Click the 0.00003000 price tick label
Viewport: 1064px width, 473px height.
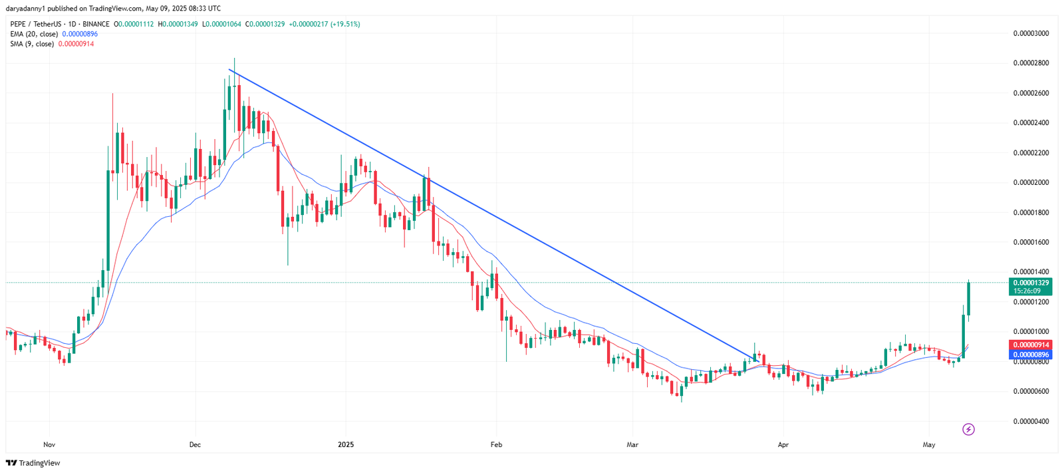1031,33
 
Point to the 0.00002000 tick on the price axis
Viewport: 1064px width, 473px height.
1031,182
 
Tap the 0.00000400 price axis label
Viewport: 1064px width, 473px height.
1031,421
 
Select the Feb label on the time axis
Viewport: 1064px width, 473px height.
495,444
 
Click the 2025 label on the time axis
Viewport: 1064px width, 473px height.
346,444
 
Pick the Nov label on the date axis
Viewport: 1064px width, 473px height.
49,444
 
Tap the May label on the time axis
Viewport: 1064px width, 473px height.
929,444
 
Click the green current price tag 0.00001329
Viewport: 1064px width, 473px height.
1030,283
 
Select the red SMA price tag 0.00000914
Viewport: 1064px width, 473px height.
1030,345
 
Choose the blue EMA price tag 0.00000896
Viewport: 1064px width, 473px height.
1030,355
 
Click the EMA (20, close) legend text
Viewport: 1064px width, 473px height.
34,34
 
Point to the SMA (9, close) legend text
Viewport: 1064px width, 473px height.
32,44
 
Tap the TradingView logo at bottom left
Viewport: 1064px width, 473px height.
33,463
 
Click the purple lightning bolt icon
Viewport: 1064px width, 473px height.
969,429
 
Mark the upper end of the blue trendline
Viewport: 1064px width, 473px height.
229,70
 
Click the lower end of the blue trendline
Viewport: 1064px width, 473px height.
759,361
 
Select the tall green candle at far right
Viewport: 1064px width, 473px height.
969,299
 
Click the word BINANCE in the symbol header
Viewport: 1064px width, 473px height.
96,24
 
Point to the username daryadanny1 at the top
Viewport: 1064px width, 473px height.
26,9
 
